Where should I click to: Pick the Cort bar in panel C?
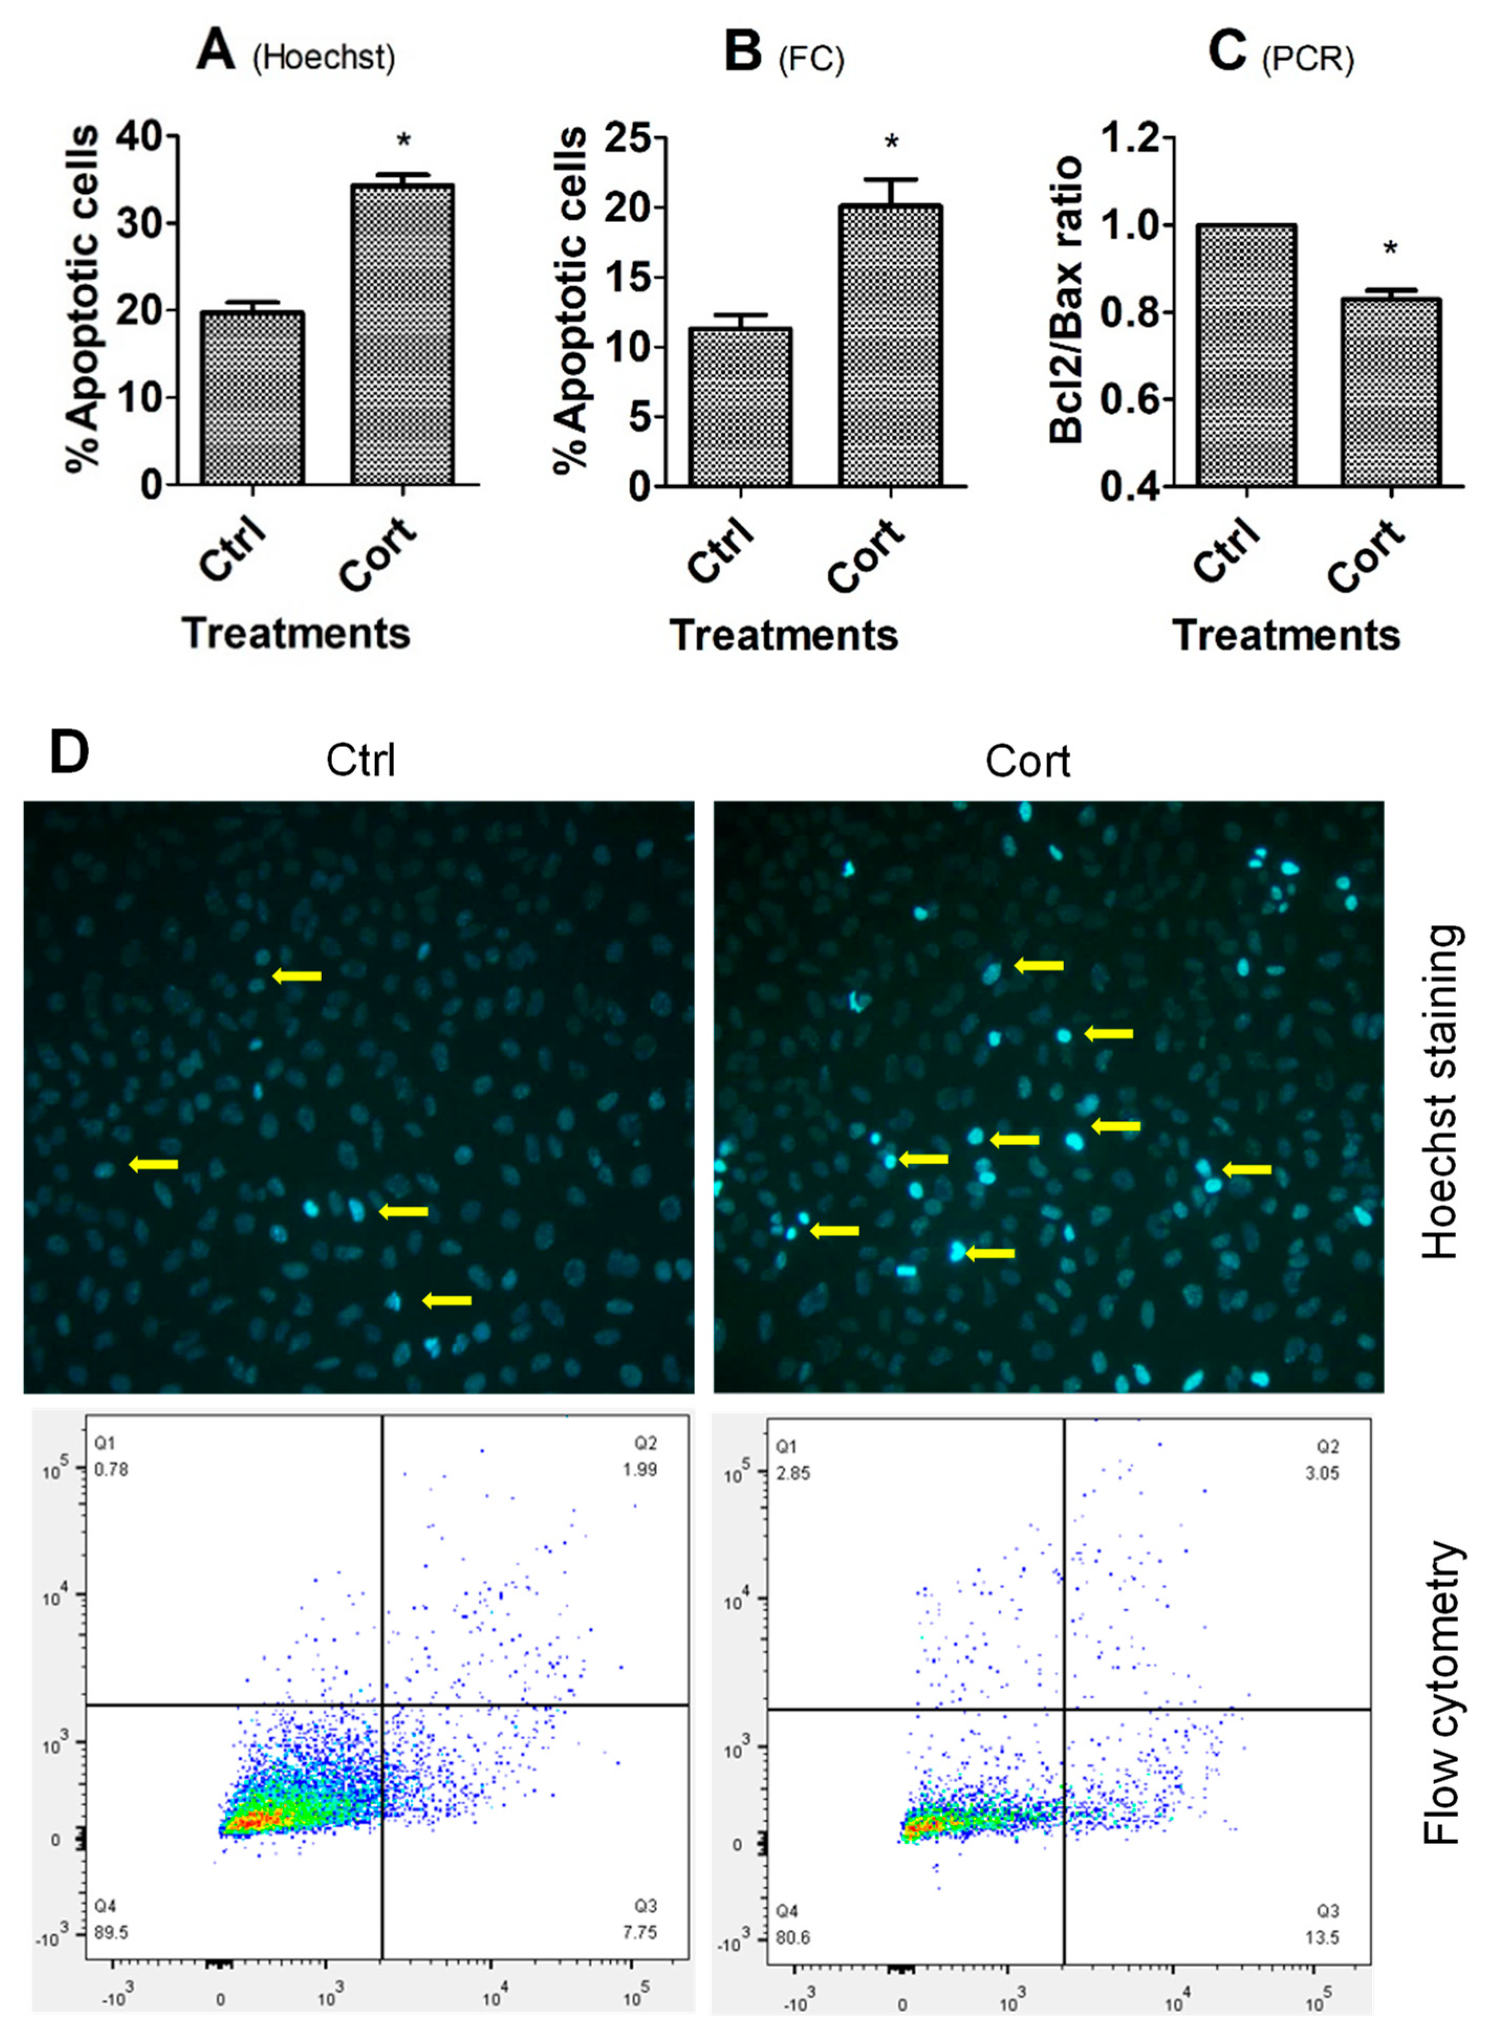1390,392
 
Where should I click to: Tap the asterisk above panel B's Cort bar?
891,143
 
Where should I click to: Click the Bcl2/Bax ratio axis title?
1066,301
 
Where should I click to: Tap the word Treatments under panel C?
1285,636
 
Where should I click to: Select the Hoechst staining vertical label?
1442,1094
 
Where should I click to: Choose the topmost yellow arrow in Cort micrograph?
1039,965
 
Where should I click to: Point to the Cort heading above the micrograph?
1028,762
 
